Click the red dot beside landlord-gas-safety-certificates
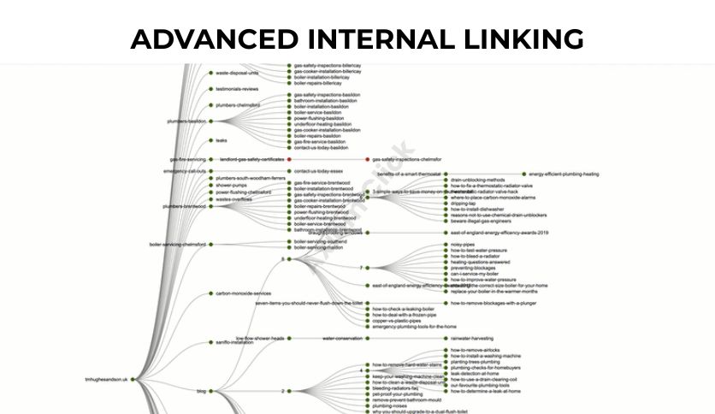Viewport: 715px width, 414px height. [290, 159]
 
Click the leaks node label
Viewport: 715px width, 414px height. [222, 140]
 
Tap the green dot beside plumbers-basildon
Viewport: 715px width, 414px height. [210, 121]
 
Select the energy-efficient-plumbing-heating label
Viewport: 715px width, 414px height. [564, 174]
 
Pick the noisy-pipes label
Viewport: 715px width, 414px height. [463, 244]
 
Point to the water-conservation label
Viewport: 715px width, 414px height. [342, 338]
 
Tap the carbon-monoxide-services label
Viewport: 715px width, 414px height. [243, 293]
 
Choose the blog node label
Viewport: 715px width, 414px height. [201, 391]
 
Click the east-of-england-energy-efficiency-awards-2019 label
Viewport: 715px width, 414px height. [499, 232]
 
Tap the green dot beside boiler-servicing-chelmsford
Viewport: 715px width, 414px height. [210, 244]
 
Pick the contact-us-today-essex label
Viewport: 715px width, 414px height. [318, 171]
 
